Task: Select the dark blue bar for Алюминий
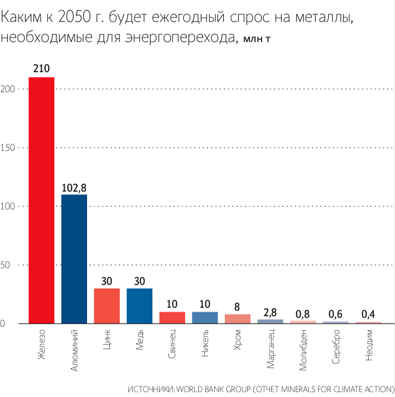point(74,259)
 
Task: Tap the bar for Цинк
point(107,306)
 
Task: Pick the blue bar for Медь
point(139,306)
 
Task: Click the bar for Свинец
point(172,318)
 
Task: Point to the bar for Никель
point(205,318)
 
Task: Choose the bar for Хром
point(238,319)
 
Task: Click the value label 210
point(41,69)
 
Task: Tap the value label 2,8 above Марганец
point(270,312)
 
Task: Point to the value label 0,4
point(368,314)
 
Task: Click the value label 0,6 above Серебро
point(335,314)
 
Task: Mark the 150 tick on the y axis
point(8,148)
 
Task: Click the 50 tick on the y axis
point(8,265)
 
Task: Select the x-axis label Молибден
point(304,347)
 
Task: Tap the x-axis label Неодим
point(369,345)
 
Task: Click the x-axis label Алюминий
point(75,348)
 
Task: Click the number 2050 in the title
point(74,19)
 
